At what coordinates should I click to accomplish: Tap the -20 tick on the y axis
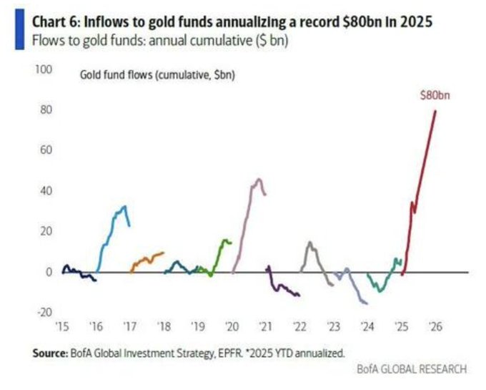(x=44, y=312)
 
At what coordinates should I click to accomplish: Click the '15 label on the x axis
(x=62, y=326)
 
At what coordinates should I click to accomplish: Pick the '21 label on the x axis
(x=265, y=326)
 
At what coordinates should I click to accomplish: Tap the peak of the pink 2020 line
(x=258, y=179)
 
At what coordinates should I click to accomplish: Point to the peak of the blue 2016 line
(x=124, y=207)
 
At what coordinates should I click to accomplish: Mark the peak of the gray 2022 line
(x=309, y=243)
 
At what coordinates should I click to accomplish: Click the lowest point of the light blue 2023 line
(x=366, y=303)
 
